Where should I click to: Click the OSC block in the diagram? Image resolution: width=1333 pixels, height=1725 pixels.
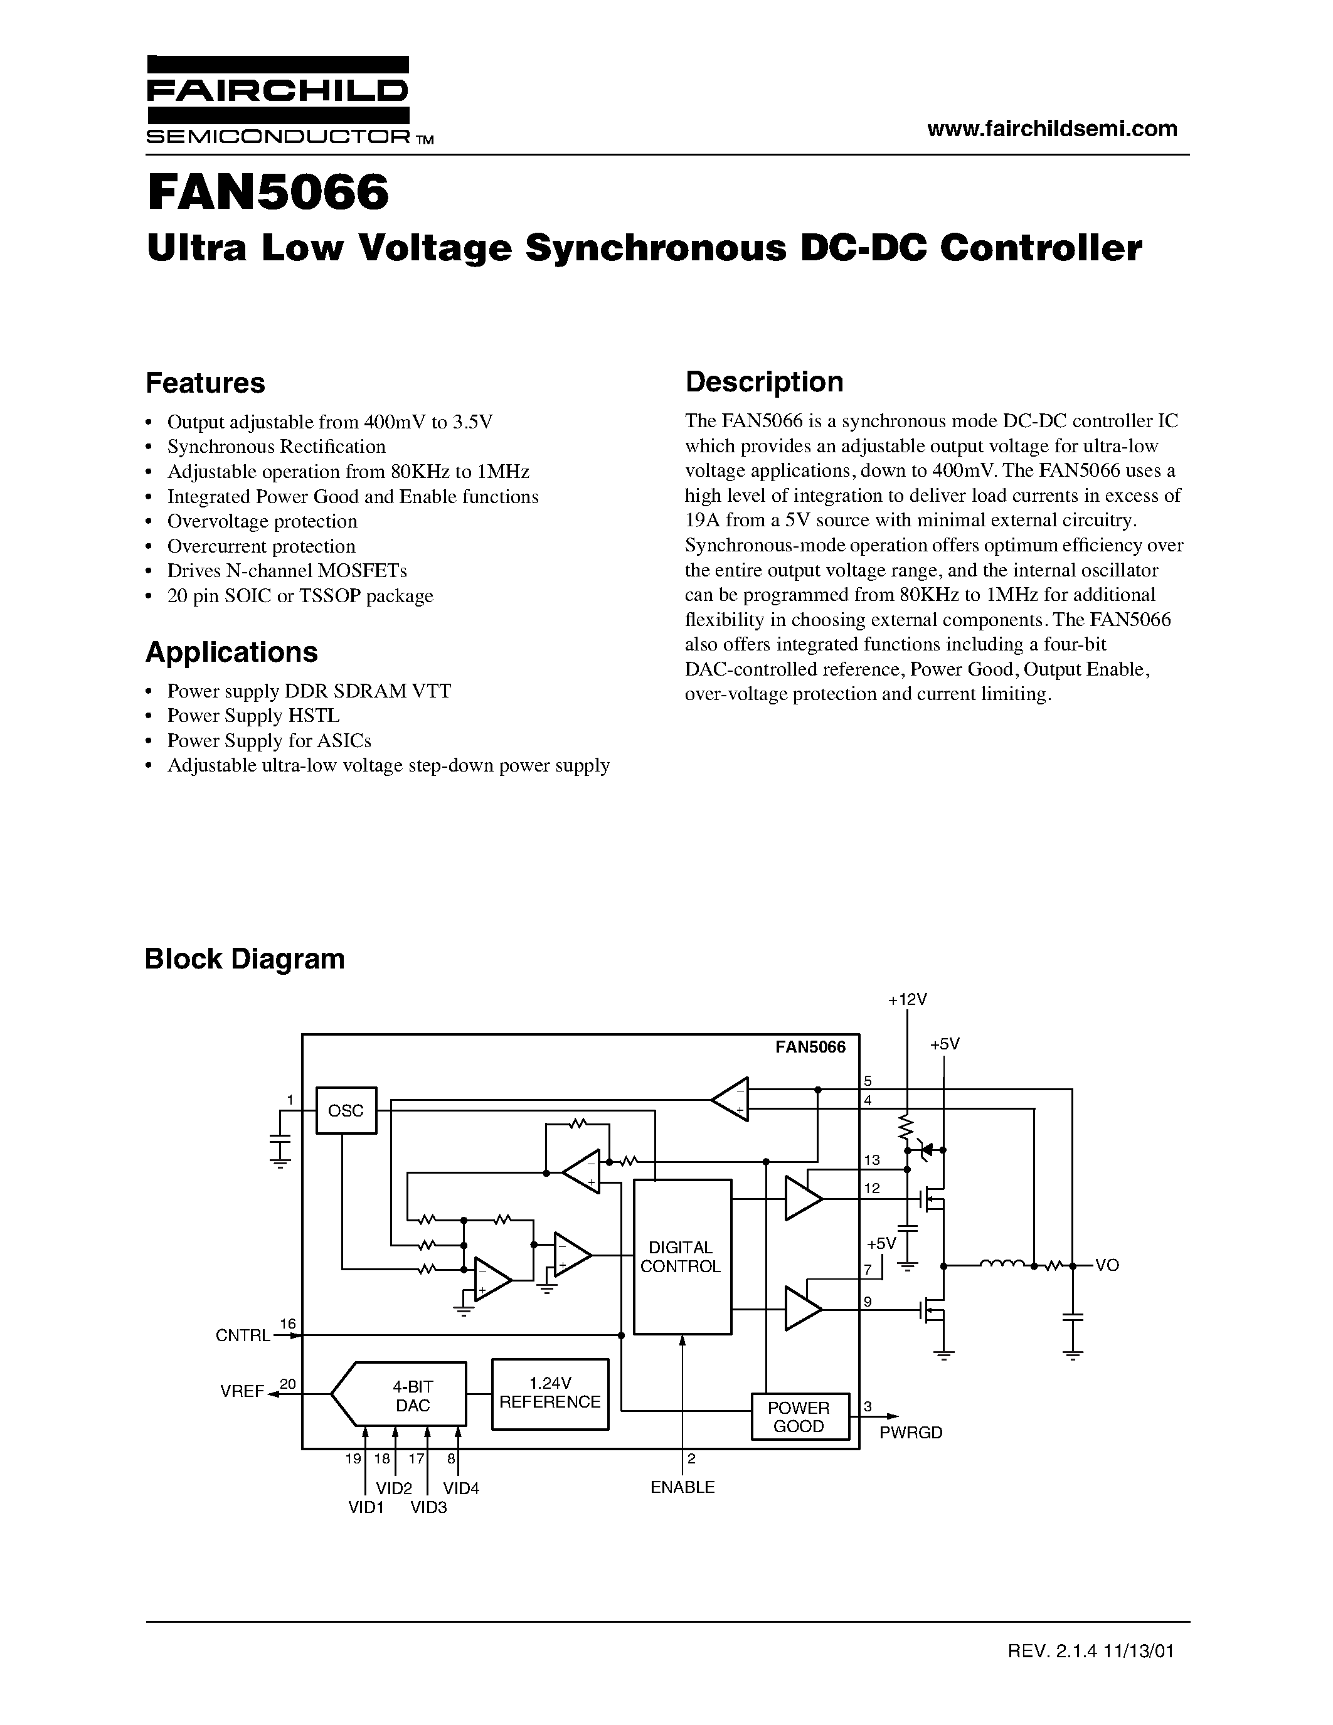point(346,1110)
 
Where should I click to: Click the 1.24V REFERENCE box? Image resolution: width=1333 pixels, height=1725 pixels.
point(550,1393)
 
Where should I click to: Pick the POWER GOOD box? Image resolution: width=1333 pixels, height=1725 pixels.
point(799,1417)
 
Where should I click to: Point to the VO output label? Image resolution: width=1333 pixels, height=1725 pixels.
point(1107,1265)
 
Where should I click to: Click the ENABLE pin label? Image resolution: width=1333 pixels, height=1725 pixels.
point(682,1487)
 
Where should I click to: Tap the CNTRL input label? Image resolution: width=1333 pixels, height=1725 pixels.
point(242,1335)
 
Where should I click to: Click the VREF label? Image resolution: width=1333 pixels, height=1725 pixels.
point(242,1392)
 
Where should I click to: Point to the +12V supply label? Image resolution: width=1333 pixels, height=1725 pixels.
point(906,999)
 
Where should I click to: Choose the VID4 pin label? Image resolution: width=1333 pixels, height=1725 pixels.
point(461,1488)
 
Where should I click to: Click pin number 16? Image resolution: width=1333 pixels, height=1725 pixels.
point(287,1323)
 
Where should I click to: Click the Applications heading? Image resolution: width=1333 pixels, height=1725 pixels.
point(231,652)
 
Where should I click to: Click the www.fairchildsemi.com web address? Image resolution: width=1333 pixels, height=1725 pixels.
point(1052,129)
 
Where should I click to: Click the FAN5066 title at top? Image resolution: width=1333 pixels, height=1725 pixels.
point(268,193)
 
